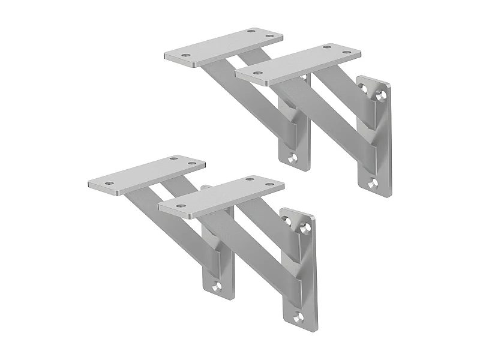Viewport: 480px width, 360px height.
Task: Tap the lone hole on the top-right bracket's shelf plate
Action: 258,73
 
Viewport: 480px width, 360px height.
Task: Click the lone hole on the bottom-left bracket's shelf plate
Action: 109,184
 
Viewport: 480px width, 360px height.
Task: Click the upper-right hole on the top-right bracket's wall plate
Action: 380,94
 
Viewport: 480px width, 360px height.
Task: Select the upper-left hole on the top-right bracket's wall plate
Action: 364,88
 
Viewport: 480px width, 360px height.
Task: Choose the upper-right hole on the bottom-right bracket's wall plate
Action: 306,227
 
